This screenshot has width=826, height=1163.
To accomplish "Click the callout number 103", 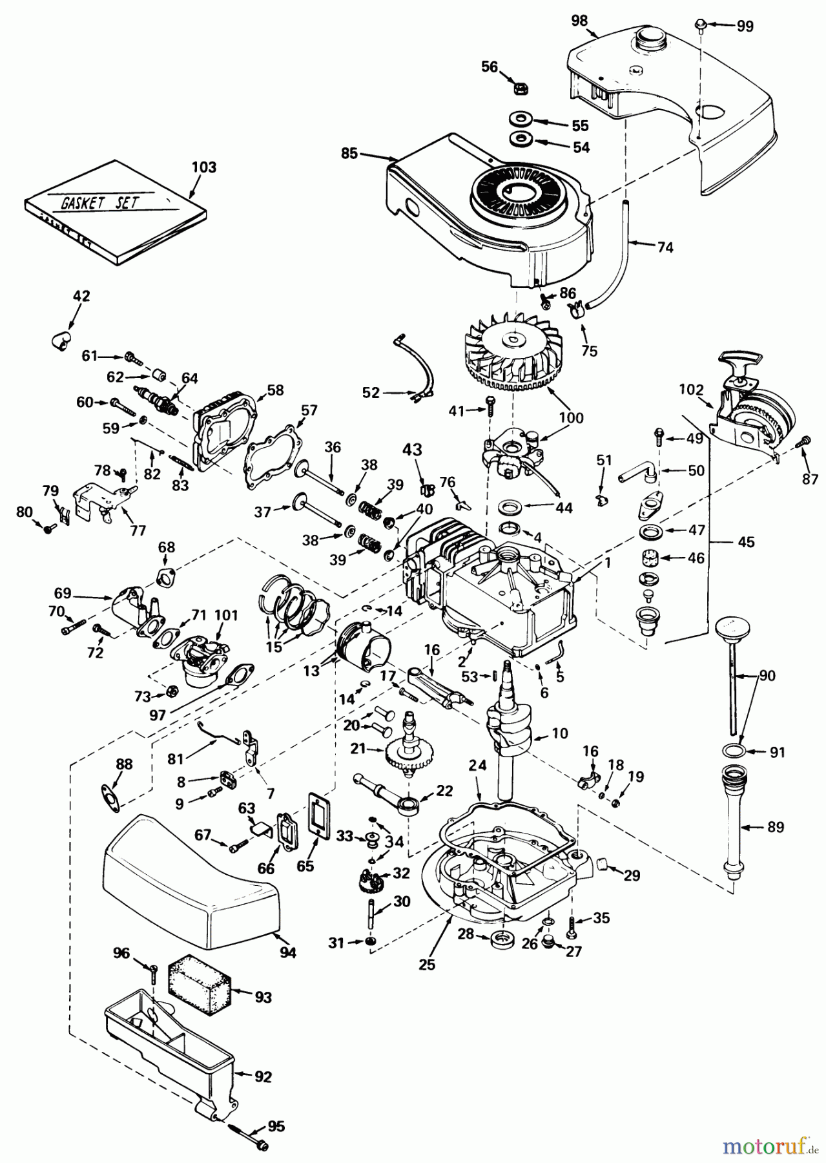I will [204, 167].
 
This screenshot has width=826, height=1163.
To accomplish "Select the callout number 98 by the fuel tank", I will [579, 20].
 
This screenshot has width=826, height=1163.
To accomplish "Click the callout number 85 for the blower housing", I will [349, 154].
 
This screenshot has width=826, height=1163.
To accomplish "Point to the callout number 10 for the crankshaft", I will [559, 733].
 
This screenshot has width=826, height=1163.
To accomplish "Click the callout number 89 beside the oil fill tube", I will [775, 827].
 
